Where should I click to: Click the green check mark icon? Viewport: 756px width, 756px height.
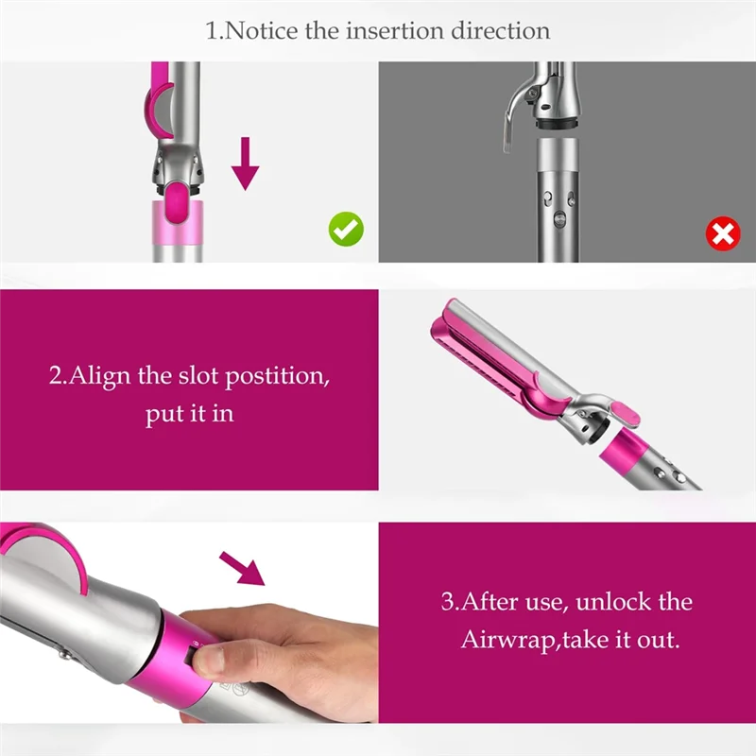tap(346, 230)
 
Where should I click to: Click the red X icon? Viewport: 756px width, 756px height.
tap(723, 232)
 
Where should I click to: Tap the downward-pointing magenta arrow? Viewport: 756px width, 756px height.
tap(246, 162)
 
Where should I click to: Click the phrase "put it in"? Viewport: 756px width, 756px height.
tap(189, 414)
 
